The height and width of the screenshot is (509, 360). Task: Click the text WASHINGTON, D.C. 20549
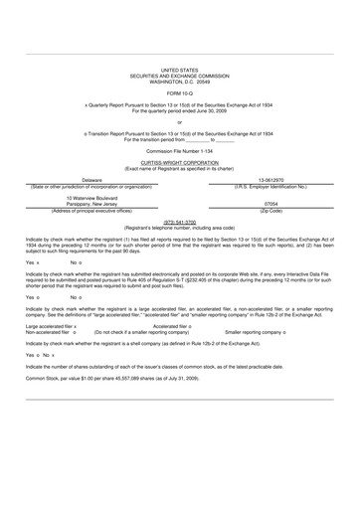click(180, 80)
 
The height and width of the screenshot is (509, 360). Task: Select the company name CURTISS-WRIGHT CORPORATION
click(180, 159)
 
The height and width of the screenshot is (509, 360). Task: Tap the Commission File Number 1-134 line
click(180, 150)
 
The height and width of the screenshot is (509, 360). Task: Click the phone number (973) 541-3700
click(180, 222)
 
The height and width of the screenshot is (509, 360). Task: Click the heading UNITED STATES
click(180, 69)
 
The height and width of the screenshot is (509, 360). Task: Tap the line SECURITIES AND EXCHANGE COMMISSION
click(180, 75)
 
